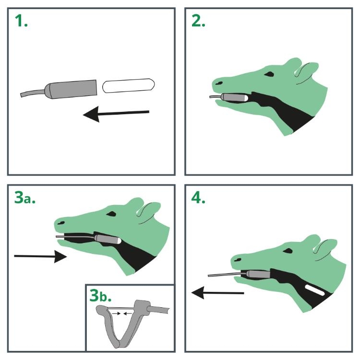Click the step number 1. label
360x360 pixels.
click(21, 21)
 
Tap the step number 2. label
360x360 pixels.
click(198, 21)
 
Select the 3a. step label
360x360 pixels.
click(25, 198)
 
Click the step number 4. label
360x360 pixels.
click(198, 198)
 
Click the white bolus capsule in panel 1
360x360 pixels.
click(128, 85)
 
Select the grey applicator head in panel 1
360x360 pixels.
click(71, 89)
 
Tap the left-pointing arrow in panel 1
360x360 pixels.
click(116, 114)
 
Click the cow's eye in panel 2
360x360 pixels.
click(269, 74)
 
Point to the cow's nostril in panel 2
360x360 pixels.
click(219, 83)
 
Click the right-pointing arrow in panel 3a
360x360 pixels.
click(40, 256)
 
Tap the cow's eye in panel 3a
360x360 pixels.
click(111, 214)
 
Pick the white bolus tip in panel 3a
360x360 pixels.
click(119, 241)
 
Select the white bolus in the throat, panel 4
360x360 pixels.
click(315, 290)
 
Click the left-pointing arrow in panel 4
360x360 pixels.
click(217, 293)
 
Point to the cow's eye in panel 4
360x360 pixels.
click(288, 251)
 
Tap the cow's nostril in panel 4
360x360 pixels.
click(238, 260)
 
